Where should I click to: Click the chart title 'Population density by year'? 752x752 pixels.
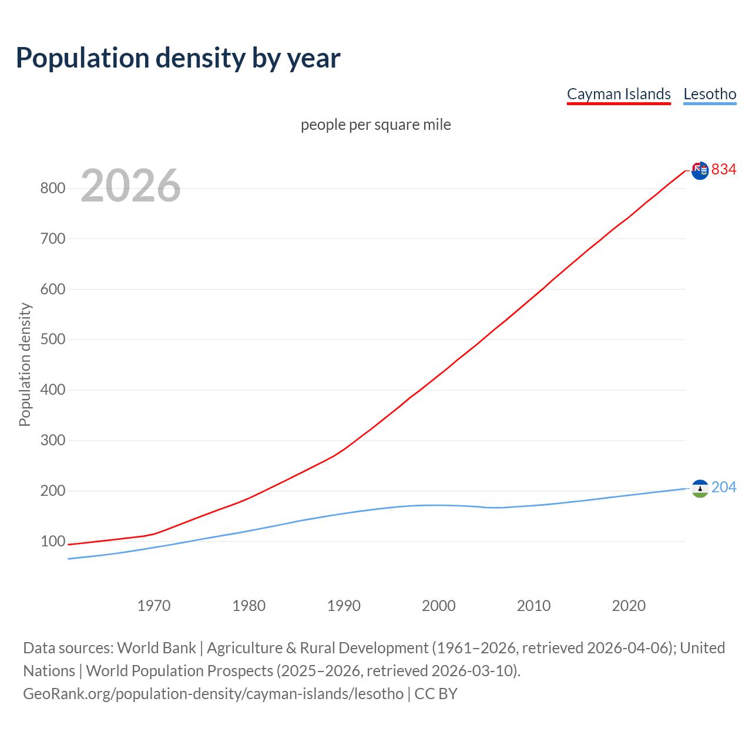point(178,58)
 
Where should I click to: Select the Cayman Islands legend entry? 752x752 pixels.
point(619,94)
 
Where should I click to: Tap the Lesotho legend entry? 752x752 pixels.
point(710,94)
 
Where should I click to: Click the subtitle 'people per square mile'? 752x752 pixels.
point(375,125)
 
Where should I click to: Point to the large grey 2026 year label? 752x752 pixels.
point(130,186)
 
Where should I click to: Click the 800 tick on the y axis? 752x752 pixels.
point(52,189)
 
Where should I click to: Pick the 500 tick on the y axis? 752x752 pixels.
point(52,340)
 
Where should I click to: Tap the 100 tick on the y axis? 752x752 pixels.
point(52,541)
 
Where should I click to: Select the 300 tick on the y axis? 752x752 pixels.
point(52,441)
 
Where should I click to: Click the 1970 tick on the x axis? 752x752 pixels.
point(154,606)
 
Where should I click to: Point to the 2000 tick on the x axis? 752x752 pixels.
point(438,606)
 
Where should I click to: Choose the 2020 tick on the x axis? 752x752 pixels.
point(629,606)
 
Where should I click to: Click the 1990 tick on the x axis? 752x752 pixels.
point(344,606)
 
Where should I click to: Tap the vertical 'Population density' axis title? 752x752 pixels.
point(25,364)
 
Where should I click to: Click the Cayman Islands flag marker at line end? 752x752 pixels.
point(700,170)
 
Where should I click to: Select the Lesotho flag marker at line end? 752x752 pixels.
point(700,488)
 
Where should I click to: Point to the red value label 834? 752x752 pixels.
point(724,169)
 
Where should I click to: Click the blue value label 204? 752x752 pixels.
point(724,487)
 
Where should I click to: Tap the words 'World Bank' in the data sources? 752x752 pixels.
point(156,647)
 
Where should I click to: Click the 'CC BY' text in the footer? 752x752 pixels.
point(436,693)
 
